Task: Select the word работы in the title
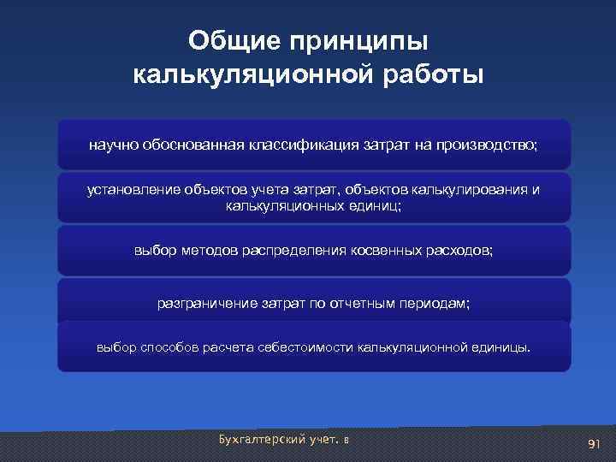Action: tap(431, 74)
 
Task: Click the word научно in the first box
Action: tap(110, 145)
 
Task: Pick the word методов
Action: tap(209, 251)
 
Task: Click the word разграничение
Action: tap(203, 303)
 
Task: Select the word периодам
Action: tap(428, 303)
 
